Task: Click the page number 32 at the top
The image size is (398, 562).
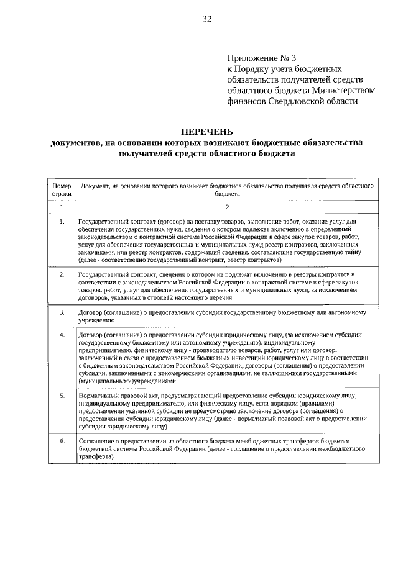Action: [206, 19]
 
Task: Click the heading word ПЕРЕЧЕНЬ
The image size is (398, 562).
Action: [206, 132]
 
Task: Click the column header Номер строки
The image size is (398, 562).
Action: [62, 189]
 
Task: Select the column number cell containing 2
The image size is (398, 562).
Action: [228, 207]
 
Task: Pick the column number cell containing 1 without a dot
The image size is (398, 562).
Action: [62, 207]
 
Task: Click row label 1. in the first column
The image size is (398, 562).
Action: [62, 222]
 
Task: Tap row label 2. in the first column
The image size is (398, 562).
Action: [62, 274]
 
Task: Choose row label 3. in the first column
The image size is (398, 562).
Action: [62, 312]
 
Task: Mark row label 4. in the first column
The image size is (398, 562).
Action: [62, 335]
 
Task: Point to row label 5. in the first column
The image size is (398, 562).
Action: [62, 395]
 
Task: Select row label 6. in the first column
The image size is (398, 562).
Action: [62, 440]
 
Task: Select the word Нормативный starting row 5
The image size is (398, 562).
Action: [99, 395]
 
